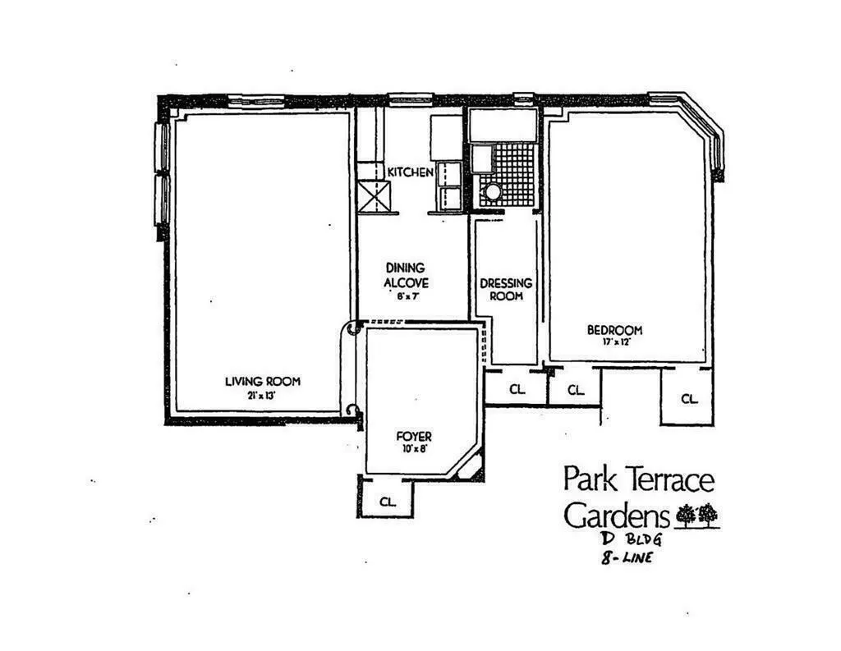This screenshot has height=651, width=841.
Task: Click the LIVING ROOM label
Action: click(262, 381)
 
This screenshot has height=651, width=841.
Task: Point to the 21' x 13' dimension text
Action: click(262, 395)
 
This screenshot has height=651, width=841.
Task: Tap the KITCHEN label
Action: click(410, 172)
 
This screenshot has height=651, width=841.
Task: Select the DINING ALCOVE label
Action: click(406, 274)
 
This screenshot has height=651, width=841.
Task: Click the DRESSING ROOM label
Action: click(505, 289)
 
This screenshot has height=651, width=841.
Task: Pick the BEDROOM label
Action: click(614, 330)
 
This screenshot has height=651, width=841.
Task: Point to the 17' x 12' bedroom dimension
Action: click(614, 342)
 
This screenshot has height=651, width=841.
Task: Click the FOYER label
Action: click(412, 437)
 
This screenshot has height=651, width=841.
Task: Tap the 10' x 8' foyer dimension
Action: click(412, 449)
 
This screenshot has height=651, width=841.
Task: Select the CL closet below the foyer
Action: click(387, 500)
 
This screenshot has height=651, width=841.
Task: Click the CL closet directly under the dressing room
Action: click(516, 390)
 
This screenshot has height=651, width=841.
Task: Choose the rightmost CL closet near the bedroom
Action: click(688, 399)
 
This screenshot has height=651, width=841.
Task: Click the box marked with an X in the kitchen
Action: click(376, 197)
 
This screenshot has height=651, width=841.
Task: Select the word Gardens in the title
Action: click(616, 516)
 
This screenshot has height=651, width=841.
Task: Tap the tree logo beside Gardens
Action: click(696, 515)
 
